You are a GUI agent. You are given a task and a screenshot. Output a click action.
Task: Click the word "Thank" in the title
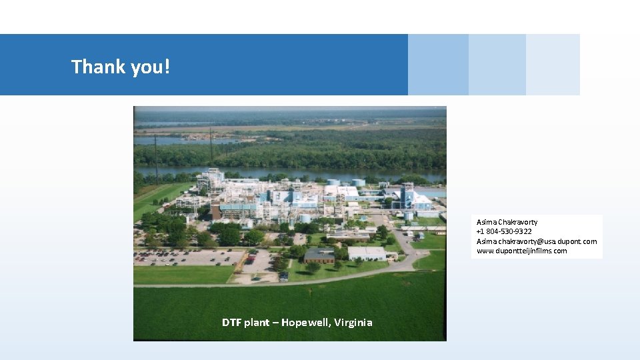94,67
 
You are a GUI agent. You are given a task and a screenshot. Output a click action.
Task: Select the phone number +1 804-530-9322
504,231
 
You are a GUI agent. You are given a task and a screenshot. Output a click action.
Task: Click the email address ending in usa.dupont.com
536,241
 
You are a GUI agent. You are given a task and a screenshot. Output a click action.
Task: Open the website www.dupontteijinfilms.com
521,251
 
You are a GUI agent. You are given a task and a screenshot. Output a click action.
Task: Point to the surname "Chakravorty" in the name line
517,222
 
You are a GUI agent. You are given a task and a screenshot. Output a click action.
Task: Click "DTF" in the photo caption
232,323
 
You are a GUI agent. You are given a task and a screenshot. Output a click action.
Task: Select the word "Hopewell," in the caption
303,323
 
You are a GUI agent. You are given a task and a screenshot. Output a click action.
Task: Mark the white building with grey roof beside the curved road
366,253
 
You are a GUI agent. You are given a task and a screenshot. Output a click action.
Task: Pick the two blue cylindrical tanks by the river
346,182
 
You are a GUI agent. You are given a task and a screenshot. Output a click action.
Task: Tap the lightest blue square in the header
553,65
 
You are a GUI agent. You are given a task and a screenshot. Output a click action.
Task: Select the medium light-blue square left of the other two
438,65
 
